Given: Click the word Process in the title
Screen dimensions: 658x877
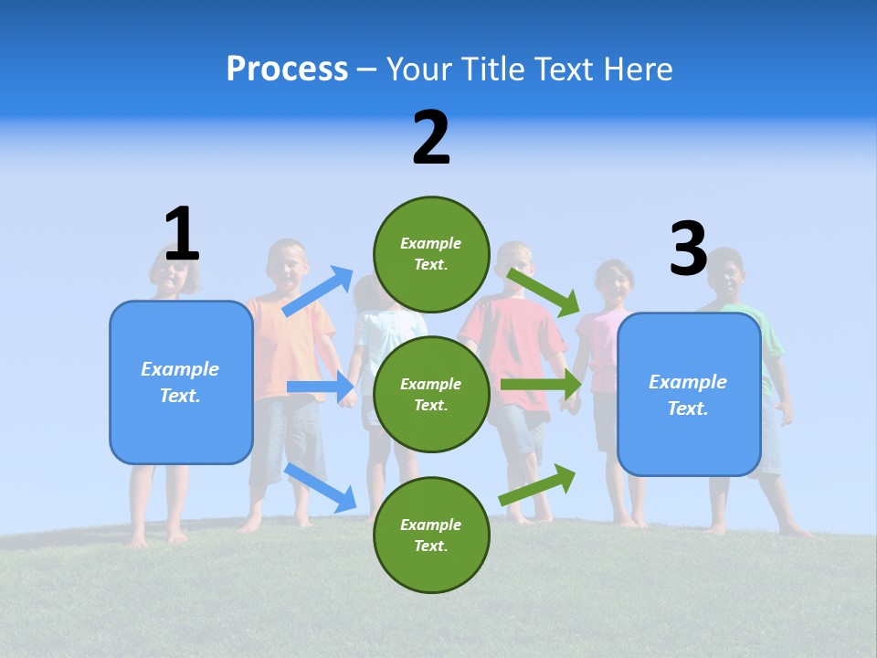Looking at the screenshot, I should coord(287,69).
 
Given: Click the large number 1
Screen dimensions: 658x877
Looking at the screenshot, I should coord(181,234).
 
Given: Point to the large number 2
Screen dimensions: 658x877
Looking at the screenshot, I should coord(431,138).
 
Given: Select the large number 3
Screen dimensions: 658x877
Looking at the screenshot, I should coord(688,249).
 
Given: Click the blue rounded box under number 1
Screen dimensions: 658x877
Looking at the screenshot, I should coord(181,382).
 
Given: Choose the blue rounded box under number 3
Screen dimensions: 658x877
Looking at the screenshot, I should coord(689,394).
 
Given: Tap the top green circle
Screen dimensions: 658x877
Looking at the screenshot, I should coord(431,253).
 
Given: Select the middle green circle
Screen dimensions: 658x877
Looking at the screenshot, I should coord(431,394).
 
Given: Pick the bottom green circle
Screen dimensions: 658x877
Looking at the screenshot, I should coord(431,535).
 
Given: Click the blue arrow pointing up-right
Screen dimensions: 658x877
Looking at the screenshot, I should coord(318,292).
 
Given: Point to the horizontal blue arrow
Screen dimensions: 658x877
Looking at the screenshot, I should coord(321,387).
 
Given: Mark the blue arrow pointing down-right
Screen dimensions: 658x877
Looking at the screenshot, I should coord(321,487).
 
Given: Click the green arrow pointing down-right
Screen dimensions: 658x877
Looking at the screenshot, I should coord(544,292).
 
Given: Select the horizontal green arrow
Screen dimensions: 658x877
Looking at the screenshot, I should coord(540,385).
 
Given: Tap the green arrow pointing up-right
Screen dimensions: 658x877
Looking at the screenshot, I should coord(537,484).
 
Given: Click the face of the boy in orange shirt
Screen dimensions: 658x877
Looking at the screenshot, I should coord(289,265).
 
